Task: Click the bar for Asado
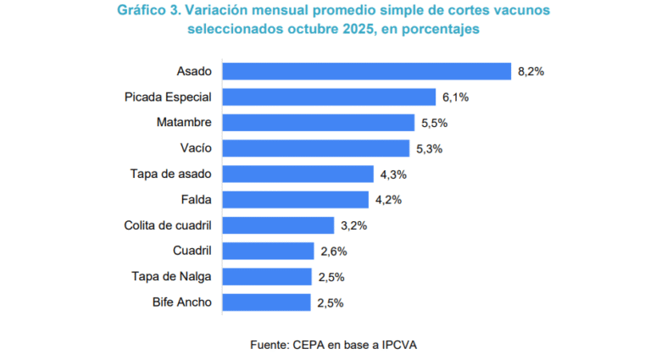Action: [x=366, y=71]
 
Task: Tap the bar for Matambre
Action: [x=318, y=123]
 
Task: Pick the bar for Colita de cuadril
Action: [x=278, y=225]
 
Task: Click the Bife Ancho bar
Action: [x=267, y=302]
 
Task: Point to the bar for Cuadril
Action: [x=269, y=251]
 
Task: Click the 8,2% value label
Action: [x=531, y=72]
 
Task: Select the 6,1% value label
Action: [x=455, y=97]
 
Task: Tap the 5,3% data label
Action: [x=430, y=148]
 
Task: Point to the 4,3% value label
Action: [x=393, y=174]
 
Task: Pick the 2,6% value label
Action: [x=334, y=252]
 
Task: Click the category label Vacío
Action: [x=196, y=148]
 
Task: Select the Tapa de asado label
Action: [x=171, y=174]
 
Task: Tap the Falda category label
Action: [x=196, y=200]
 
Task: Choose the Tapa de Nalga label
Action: [x=171, y=276]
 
